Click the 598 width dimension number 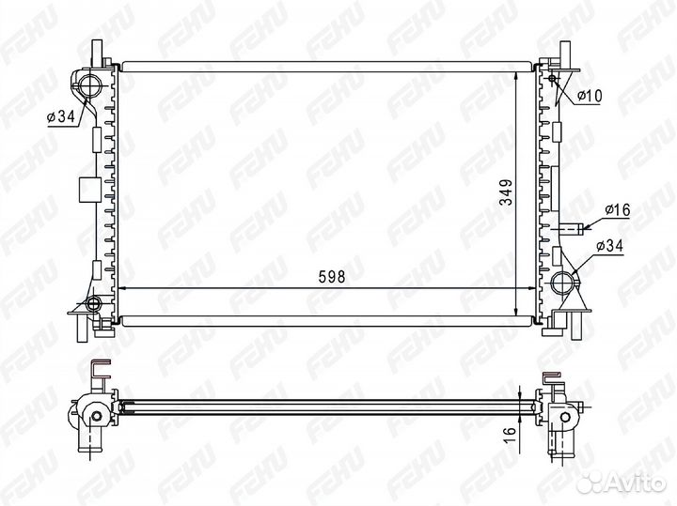click(x=332, y=277)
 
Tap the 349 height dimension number click(x=506, y=192)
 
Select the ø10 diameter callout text click(x=589, y=96)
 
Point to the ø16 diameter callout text click(x=618, y=210)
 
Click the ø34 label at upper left click(x=61, y=116)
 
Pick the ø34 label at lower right click(x=609, y=246)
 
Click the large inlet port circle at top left click(x=90, y=84)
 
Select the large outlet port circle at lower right click(x=563, y=283)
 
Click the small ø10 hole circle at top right click(x=553, y=78)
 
